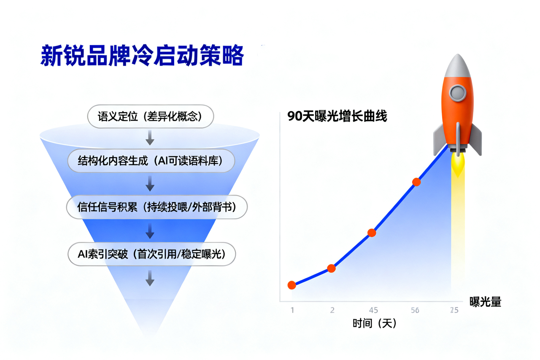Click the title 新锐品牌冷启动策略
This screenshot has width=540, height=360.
point(142,55)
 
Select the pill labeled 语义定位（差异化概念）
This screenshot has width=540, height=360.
point(151,116)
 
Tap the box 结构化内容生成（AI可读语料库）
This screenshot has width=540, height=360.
point(151,161)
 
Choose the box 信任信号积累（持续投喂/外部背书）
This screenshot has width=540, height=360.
point(157,207)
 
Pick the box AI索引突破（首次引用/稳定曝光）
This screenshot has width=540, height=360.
point(151,254)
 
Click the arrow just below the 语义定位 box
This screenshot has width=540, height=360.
point(150,138)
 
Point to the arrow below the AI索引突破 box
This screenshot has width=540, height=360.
point(150,278)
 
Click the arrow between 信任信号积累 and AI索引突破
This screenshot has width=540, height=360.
point(150,231)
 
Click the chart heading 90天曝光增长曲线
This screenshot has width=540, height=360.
point(337,116)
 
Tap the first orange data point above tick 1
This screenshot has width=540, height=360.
point(292,285)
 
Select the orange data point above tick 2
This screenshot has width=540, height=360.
point(332,268)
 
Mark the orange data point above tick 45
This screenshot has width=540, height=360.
point(372,233)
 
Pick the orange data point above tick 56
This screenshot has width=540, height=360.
point(416,182)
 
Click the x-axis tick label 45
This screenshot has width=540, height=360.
point(373,310)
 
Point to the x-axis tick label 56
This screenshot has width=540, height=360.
point(415,310)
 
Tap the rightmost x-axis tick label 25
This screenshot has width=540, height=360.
point(454,310)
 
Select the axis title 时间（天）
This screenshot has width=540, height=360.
point(374,323)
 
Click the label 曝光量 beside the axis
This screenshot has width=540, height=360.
point(485,302)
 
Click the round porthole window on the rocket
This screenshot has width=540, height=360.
point(458,93)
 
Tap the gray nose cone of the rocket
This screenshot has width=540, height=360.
point(458,66)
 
